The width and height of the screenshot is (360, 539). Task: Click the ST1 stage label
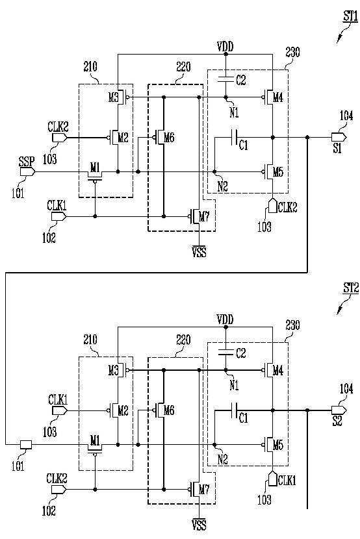click(350, 16)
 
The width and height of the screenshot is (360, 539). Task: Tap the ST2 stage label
click(351, 288)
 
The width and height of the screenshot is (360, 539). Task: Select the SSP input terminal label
click(27, 162)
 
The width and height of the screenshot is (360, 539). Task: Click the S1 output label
click(337, 149)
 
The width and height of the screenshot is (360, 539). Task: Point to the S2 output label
click(337, 421)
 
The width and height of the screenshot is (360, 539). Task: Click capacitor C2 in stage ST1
click(226, 80)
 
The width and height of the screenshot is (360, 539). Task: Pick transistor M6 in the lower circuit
click(160, 410)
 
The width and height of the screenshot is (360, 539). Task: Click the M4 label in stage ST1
click(278, 97)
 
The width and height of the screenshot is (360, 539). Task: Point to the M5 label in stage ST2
click(278, 445)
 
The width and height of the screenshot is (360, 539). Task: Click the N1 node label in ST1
click(234, 112)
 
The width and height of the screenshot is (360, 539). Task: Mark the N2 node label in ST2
click(222, 459)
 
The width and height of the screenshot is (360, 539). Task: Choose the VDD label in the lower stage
click(225, 320)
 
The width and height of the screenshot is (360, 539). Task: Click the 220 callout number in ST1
click(183, 67)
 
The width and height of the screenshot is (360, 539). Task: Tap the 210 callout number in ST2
click(90, 340)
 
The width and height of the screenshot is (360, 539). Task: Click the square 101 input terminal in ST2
click(26, 445)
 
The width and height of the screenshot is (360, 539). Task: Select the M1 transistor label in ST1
click(96, 168)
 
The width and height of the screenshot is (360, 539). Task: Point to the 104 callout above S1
click(346, 116)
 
